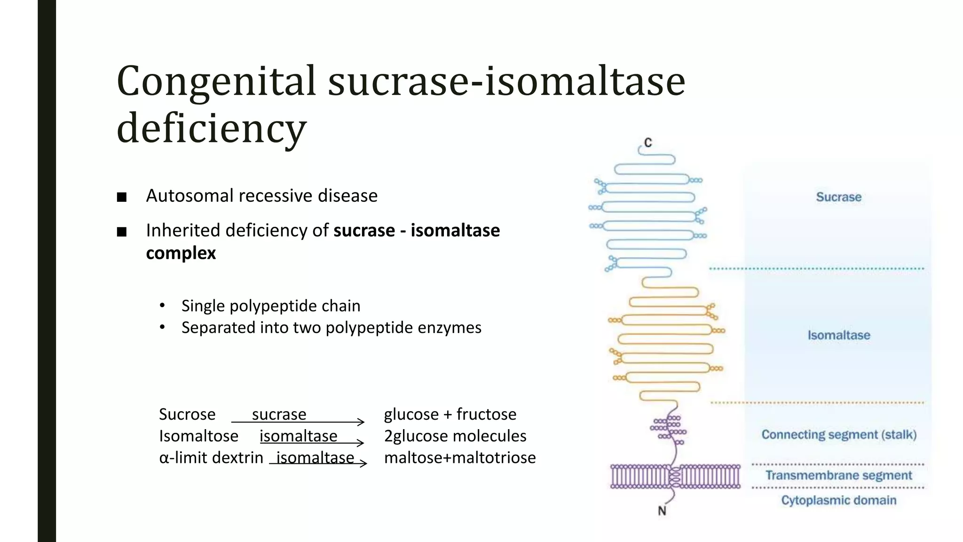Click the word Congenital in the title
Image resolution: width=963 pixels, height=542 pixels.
pyautogui.click(x=216, y=82)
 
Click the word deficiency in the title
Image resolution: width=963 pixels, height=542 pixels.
pyautogui.click(x=212, y=128)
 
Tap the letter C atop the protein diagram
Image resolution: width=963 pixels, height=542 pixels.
pyautogui.click(x=648, y=143)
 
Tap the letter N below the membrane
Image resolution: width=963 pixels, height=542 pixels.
pyautogui.click(x=662, y=511)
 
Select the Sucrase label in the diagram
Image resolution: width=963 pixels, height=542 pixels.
pyautogui.click(x=838, y=197)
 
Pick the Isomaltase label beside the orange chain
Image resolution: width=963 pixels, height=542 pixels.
pyautogui.click(x=838, y=335)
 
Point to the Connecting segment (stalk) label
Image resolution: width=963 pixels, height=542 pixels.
pyautogui.click(x=839, y=435)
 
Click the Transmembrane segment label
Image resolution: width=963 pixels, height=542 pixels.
pyautogui.click(x=838, y=476)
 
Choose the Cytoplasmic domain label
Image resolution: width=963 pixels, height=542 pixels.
pyautogui.click(x=838, y=500)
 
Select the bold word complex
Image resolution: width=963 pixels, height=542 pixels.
pyautogui.click(x=181, y=253)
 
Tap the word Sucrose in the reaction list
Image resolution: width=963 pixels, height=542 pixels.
pyautogui.click(x=187, y=414)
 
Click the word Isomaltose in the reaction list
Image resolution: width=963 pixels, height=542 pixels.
pyautogui.click(x=198, y=436)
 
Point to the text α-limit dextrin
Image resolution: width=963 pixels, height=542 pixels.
pyautogui.click(x=211, y=458)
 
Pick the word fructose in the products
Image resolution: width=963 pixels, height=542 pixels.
pyautogui.click(x=486, y=414)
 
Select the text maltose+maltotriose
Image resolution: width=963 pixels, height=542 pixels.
pyautogui.click(x=459, y=458)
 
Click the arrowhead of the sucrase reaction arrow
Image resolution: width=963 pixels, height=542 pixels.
pyautogui.click(x=361, y=422)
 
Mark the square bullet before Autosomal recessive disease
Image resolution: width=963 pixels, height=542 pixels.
pyautogui.click(x=122, y=197)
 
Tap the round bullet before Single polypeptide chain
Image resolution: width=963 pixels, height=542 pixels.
pyautogui.click(x=162, y=306)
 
